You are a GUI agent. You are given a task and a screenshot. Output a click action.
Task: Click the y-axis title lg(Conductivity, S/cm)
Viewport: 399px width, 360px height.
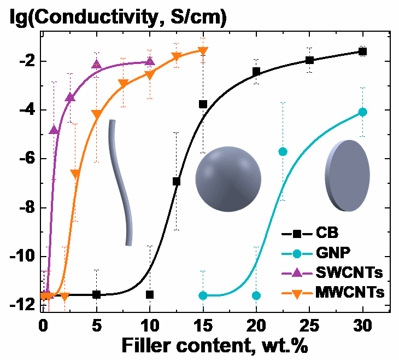(118, 18)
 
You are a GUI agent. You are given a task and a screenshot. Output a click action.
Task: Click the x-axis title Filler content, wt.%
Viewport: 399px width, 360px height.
(216, 346)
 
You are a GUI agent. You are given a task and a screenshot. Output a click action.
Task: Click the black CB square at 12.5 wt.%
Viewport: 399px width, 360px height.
(176, 181)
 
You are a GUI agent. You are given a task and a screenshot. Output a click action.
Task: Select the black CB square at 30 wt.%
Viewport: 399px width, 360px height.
(362, 51)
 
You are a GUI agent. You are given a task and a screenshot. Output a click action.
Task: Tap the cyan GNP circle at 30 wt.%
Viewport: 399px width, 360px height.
(362, 112)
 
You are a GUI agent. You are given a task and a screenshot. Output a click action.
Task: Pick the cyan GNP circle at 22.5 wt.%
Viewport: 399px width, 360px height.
(283, 152)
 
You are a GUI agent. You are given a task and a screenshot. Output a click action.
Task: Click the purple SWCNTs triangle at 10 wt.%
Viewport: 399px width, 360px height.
(150, 61)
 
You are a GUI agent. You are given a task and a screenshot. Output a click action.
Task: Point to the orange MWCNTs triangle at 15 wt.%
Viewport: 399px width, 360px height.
(203, 51)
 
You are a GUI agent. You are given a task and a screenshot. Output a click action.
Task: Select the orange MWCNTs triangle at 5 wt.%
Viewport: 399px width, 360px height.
(96, 114)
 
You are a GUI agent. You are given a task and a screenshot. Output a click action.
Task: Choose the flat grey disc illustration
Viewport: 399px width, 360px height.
(347, 175)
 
